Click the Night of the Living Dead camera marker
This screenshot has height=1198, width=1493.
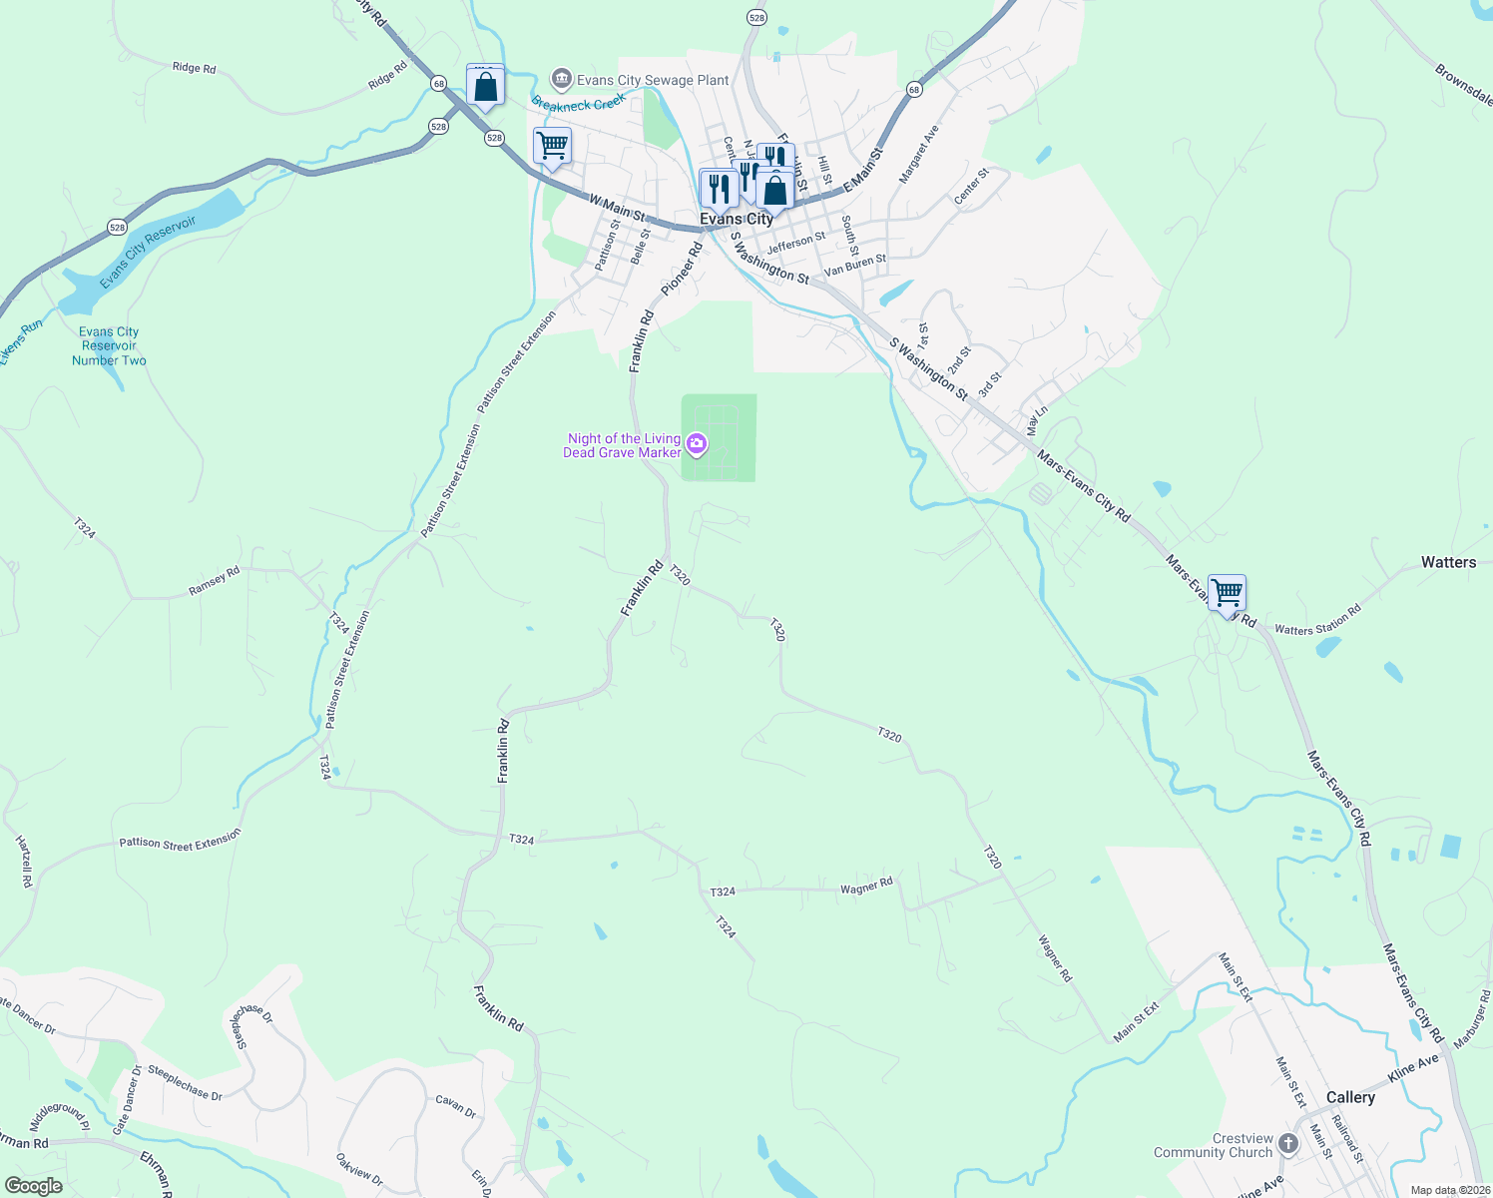[697, 442]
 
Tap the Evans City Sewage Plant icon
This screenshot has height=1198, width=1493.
[562, 79]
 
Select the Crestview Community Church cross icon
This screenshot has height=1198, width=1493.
[1288, 1143]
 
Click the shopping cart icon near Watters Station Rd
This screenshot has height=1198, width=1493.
[1227, 594]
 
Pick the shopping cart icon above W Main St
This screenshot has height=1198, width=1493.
[552, 146]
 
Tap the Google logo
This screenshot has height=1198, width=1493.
[34, 1185]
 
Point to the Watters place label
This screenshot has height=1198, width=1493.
[1448, 562]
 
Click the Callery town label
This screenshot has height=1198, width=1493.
[1350, 1097]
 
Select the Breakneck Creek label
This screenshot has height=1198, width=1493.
[579, 101]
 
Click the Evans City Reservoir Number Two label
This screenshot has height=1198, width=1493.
[109, 346]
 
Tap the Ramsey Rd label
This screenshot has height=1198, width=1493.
[215, 581]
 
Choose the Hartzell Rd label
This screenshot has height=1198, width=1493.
[25, 862]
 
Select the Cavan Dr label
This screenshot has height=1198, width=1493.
[456, 1105]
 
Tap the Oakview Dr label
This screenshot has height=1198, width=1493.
[359, 1169]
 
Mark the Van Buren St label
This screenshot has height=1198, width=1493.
[855, 265]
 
